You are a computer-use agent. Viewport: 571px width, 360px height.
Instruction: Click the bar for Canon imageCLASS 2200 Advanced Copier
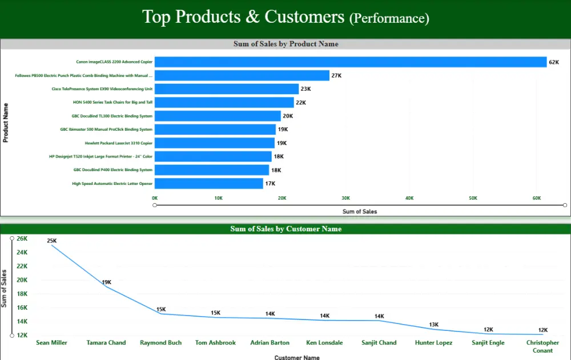pos(350,62)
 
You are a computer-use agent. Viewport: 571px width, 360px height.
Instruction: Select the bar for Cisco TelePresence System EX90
pos(227,89)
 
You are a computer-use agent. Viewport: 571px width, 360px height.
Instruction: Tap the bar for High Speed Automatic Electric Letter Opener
pos(208,184)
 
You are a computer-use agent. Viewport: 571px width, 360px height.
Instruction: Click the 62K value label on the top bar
pos(553,62)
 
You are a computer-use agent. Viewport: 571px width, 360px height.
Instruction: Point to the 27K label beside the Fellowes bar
pos(336,75)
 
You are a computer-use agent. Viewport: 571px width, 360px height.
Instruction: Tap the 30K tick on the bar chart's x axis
pos(346,198)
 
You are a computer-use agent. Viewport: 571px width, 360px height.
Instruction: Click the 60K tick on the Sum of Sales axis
pos(537,198)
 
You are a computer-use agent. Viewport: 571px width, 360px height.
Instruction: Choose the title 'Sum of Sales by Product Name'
pos(285,44)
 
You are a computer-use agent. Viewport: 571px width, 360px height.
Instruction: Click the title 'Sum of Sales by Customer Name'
pos(285,229)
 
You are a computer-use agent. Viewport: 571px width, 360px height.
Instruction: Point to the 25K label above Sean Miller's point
pos(51,241)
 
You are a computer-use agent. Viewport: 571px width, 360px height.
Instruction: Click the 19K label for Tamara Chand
pos(106,282)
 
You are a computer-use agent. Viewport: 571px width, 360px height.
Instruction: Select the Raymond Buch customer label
pos(161,343)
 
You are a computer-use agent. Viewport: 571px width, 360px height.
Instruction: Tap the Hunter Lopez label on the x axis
pos(433,343)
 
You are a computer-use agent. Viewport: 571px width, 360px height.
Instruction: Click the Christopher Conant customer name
pos(542,346)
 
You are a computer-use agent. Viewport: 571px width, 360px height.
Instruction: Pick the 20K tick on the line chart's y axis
pos(21,280)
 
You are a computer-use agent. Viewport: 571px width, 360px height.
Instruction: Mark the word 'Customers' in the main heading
pos(304,17)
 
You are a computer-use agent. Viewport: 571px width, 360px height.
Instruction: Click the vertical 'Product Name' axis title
pos(6,123)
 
